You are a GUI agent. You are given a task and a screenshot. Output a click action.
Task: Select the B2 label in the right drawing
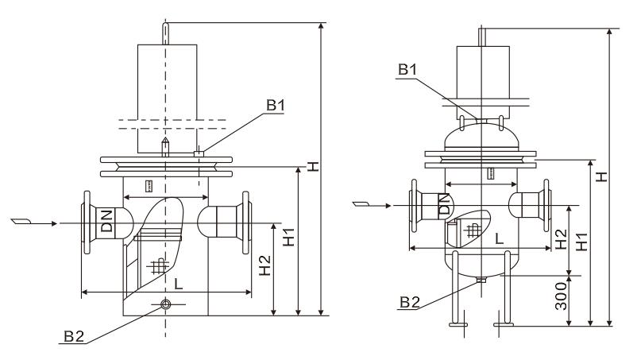(x=410, y=300)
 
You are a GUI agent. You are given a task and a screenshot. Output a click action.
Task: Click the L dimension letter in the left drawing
(x=180, y=283)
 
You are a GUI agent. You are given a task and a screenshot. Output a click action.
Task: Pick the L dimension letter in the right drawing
(x=498, y=238)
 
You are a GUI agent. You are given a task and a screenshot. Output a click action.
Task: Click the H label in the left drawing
(x=314, y=167)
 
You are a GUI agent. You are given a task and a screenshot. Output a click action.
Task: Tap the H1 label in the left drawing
(x=290, y=235)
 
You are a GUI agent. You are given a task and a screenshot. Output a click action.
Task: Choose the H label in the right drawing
(x=603, y=173)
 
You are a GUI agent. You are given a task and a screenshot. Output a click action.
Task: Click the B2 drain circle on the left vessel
(x=165, y=304)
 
